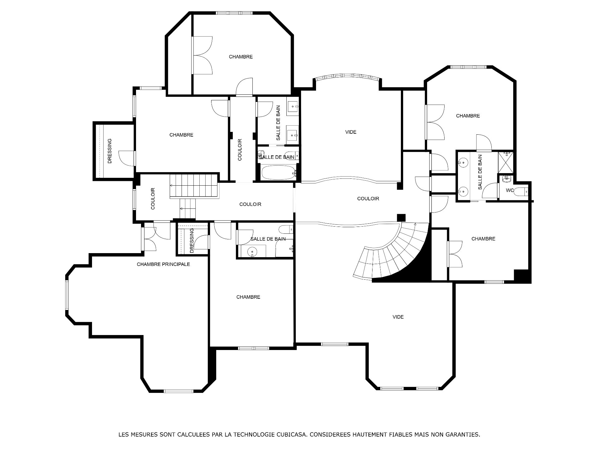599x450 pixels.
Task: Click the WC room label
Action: tap(510, 190)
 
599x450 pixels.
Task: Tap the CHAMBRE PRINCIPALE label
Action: tap(163, 264)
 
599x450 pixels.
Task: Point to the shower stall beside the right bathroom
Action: tap(505, 162)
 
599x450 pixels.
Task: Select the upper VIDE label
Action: tap(351, 132)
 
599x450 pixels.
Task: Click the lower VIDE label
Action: tap(398, 317)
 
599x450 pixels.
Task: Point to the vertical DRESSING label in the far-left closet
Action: tap(110, 151)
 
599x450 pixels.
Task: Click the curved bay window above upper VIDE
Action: tap(348, 76)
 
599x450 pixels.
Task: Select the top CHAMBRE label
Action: tap(241, 57)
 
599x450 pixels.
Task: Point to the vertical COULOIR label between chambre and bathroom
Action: tap(240, 150)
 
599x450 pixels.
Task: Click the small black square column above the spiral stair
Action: tap(401, 218)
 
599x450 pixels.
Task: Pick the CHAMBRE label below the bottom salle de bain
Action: tap(248, 297)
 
